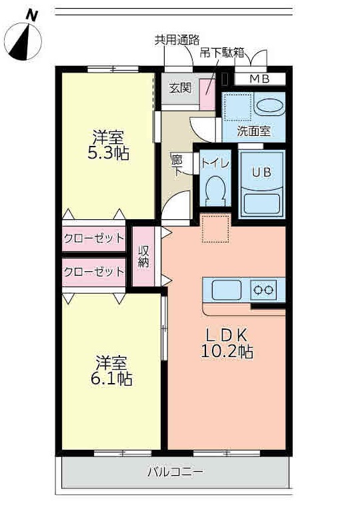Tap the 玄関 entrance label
click(180, 88)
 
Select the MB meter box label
click(259, 79)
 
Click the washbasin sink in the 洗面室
click(269, 105)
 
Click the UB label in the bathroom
click(261, 173)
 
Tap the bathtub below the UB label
click(262, 204)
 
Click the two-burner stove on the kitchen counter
click(263, 290)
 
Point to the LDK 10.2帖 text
click(227, 343)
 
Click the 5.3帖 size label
click(109, 153)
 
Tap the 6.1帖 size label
click(111, 378)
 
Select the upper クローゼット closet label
click(94, 239)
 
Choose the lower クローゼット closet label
click(94, 271)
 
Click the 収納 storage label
click(143, 256)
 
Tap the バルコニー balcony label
click(175, 472)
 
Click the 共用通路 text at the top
click(177, 40)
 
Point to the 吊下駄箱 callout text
click(222, 53)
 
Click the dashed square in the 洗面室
click(238, 107)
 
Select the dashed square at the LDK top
click(215, 228)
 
